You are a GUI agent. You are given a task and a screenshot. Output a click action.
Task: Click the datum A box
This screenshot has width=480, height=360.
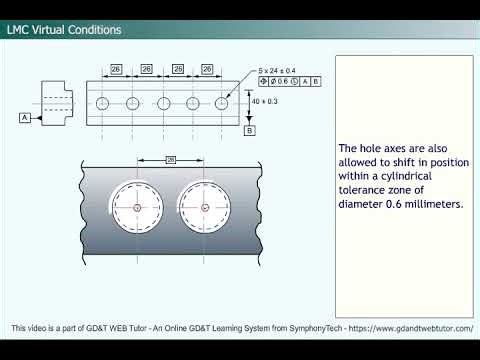22,117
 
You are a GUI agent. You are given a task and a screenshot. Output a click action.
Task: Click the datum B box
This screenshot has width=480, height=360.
249,130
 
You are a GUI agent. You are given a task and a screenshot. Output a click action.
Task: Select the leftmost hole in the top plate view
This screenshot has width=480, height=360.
103,102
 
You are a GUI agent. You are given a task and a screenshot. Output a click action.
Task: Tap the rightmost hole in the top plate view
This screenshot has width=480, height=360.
221,102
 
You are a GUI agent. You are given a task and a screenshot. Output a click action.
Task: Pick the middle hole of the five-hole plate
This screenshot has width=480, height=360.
162,102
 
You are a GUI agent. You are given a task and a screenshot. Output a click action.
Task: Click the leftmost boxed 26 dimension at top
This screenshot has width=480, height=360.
116,69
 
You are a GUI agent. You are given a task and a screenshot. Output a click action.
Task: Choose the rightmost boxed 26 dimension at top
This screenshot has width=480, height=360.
206,69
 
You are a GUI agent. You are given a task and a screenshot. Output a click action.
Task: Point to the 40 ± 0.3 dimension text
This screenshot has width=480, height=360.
265,102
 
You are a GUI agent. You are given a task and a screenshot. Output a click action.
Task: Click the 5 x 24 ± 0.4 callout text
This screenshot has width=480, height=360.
277,70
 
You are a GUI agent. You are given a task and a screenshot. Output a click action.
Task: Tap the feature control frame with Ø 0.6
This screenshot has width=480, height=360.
289,80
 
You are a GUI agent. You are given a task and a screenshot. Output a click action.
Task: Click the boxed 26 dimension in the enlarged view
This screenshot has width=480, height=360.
170,159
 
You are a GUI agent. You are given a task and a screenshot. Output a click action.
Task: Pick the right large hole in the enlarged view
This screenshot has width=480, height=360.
205,207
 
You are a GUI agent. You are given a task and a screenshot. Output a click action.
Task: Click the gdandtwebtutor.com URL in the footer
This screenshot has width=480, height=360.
420,329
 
